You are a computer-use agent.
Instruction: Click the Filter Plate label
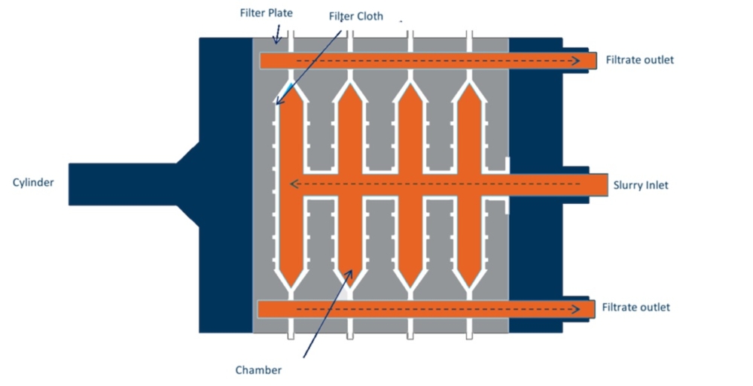266,13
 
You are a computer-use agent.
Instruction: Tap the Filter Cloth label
356,17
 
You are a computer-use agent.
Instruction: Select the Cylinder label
33,182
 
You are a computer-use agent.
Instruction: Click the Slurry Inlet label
641,185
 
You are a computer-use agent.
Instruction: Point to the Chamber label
258,370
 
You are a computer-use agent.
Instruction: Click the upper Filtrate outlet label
639,60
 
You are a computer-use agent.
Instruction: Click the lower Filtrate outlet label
636,307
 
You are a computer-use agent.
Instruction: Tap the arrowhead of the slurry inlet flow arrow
294,184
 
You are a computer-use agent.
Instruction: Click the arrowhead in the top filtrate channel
575,60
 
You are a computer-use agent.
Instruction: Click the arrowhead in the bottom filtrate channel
575,309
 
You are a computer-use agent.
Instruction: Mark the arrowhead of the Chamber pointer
349,274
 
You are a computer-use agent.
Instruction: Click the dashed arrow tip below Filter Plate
276,41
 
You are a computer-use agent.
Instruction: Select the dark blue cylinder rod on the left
123,184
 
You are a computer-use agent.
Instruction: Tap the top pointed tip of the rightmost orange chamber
469,84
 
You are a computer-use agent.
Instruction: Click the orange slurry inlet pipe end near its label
604,185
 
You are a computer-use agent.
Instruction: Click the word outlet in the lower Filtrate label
653,307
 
